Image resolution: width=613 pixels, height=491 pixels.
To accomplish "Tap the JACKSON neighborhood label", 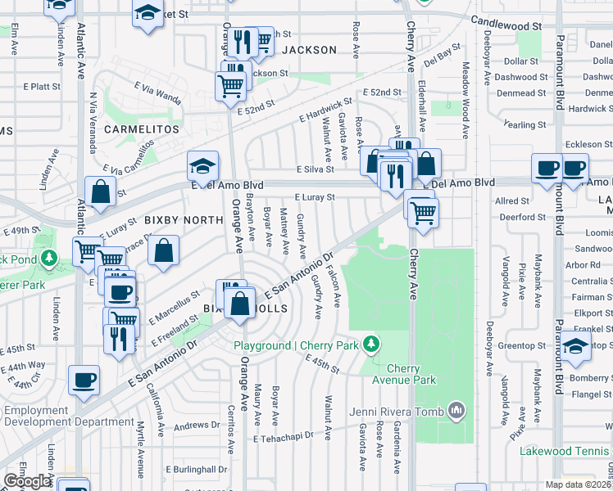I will point(309,50).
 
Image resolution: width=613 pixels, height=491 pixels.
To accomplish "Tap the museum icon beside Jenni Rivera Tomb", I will point(456,410).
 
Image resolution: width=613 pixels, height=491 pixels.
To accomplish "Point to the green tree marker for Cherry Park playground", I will point(371,345).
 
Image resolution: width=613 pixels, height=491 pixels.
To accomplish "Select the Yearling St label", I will point(525,124).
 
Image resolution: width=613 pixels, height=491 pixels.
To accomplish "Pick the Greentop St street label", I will point(517,345).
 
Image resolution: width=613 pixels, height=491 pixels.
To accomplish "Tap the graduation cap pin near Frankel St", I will point(576,345).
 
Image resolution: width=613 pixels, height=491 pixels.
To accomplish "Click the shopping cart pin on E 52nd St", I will point(231,85).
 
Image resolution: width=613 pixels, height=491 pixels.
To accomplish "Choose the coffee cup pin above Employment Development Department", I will point(84,379).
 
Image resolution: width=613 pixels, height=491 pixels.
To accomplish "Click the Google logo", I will point(27,481).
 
